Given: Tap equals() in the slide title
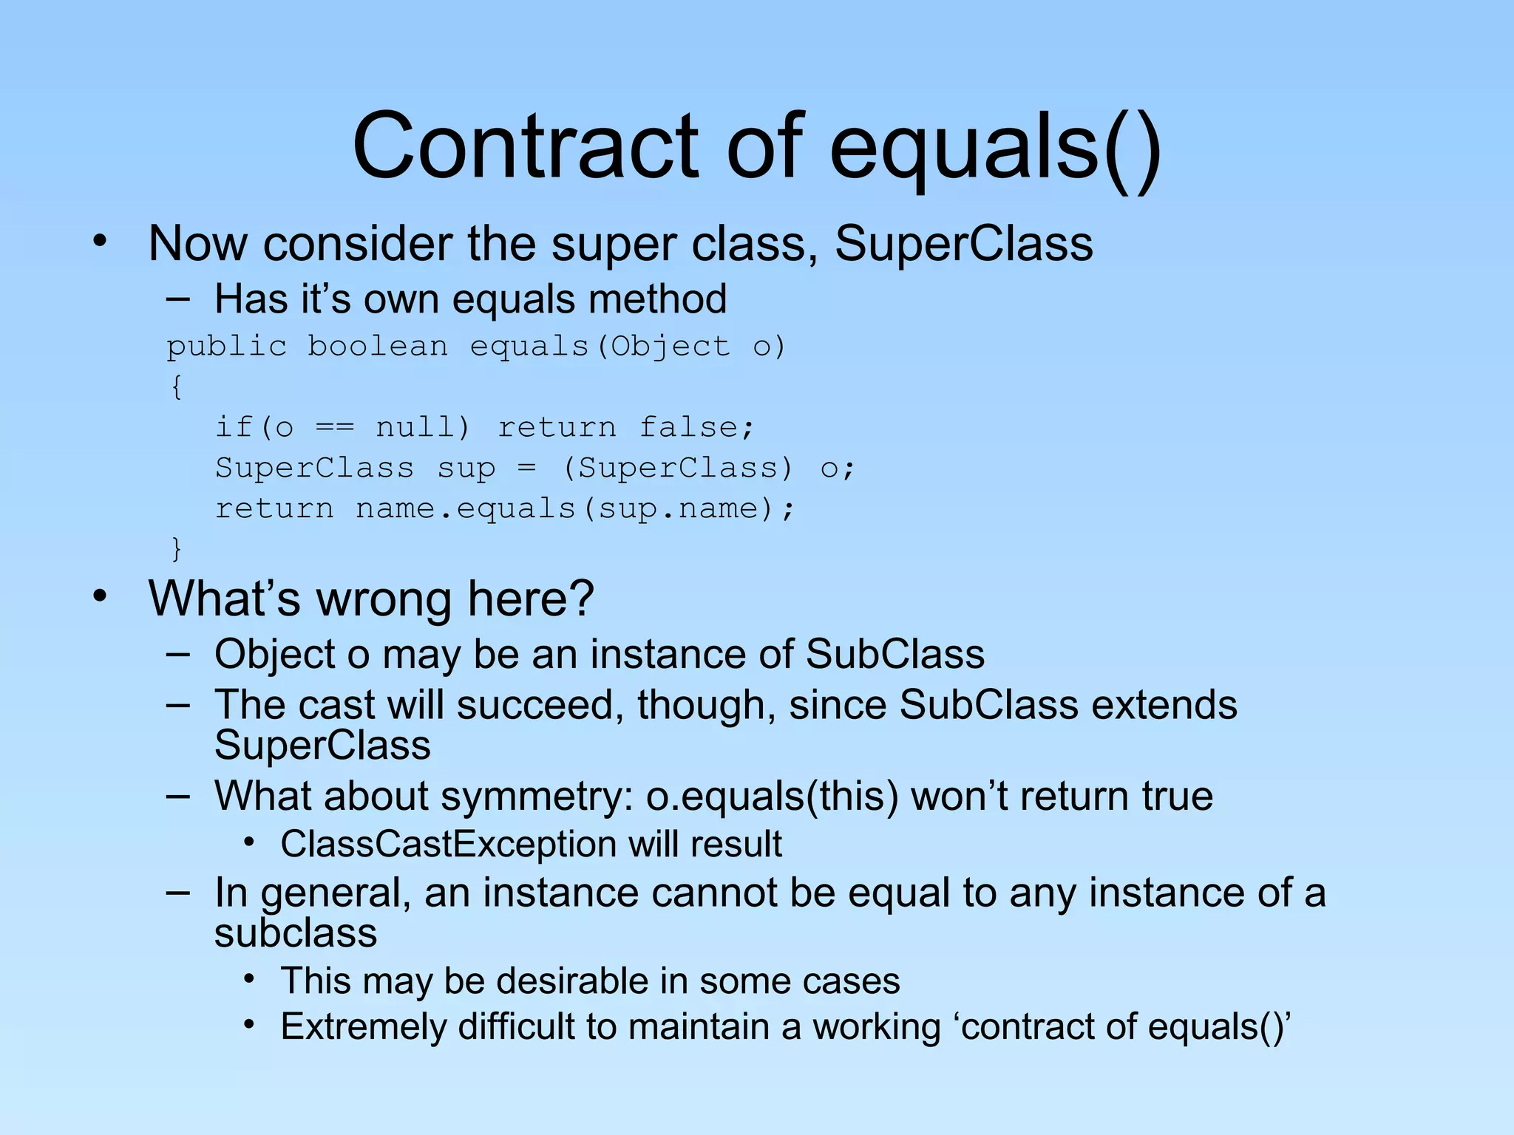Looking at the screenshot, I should [994, 148].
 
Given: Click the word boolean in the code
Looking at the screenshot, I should [378, 347].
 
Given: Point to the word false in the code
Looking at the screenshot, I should [696, 427].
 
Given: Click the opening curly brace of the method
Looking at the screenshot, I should [176, 386].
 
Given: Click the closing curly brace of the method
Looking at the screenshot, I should [176, 548].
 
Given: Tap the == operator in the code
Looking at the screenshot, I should [335, 427].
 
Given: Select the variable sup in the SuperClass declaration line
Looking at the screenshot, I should [466, 468].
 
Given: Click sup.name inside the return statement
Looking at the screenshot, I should [679, 509].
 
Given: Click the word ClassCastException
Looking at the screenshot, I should [448, 844].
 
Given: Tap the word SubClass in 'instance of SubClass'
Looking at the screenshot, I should [895, 655].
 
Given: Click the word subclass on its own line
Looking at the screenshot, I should [296, 933].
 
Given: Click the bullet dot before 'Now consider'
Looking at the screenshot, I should [101, 241].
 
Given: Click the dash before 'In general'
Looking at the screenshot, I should [177, 891].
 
